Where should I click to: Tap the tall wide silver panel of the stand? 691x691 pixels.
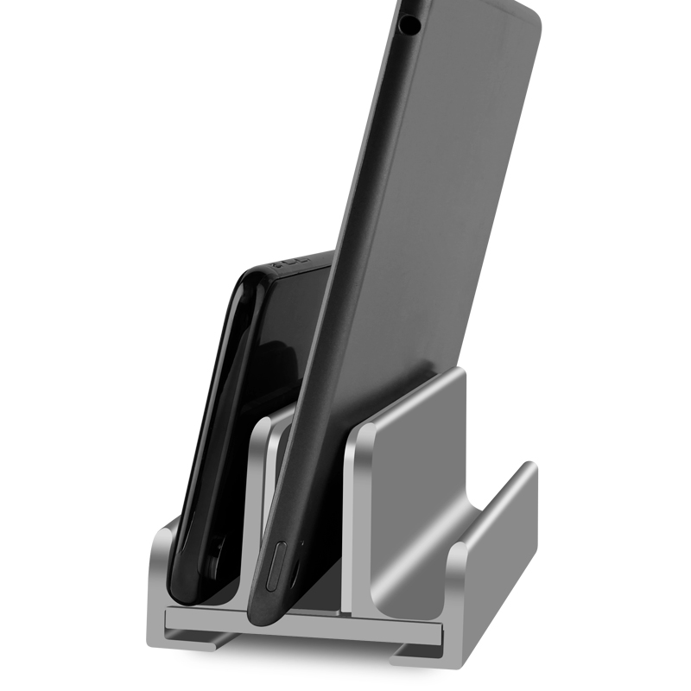[x=415, y=484]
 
